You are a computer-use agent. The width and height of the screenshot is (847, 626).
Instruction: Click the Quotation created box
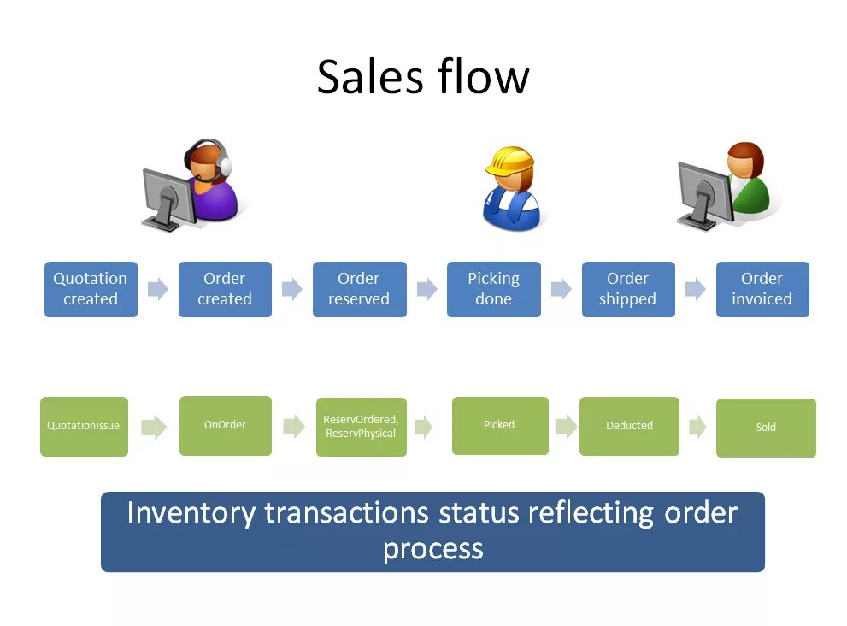tap(91, 289)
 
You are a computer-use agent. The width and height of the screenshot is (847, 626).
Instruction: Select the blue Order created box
tap(225, 289)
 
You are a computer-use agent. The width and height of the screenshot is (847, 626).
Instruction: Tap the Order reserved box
tap(359, 289)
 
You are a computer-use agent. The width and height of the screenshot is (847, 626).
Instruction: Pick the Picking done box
tap(493, 289)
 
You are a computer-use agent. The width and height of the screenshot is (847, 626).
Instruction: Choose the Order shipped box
tap(628, 289)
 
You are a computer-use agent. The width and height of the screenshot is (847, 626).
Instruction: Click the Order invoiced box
tap(762, 289)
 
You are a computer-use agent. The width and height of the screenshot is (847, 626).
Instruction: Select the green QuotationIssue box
tap(84, 426)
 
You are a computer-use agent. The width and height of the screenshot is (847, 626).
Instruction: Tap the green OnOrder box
tap(226, 425)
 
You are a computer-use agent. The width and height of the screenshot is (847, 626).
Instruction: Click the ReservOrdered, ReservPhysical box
tap(361, 427)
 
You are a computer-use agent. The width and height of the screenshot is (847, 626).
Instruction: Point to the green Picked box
tap(500, 425)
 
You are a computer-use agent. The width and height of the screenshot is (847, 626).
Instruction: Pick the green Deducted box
tap(629, 426)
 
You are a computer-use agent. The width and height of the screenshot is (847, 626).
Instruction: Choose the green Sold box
tap(766, 428)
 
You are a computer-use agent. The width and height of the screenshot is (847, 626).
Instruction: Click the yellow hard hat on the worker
tap(509, 160)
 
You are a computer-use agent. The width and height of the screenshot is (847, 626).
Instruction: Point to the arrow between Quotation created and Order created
tap(158, 289)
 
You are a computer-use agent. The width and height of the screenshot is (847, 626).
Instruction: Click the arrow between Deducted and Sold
tap(697, 427)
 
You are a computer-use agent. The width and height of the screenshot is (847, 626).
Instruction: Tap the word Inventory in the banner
tap(191, 512)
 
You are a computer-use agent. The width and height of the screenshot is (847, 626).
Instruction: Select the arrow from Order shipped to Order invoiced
tap(696, 289)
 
